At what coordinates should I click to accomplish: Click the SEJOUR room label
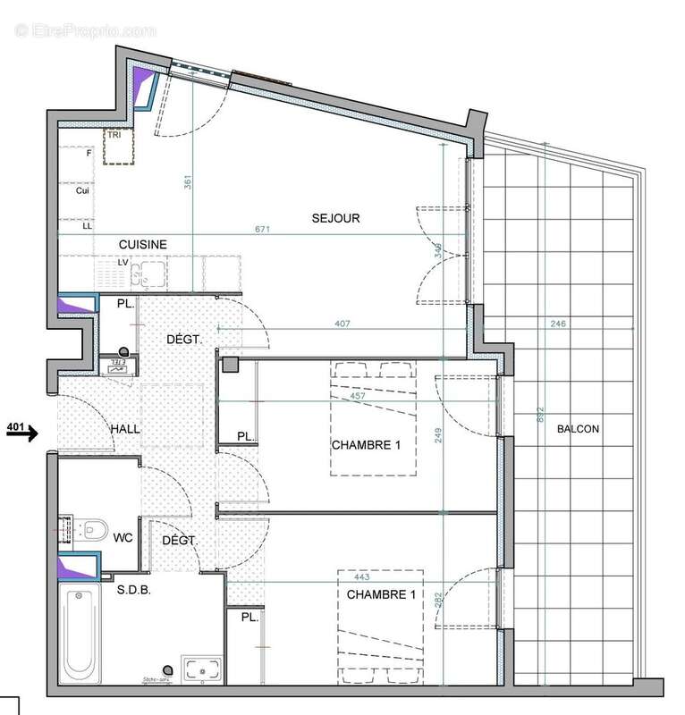(x=335, y=218)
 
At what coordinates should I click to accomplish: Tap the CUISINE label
(x=143, y=243)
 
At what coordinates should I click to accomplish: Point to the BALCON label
(x=578, y=429)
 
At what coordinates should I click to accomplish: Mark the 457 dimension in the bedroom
(x=358, y=395)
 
